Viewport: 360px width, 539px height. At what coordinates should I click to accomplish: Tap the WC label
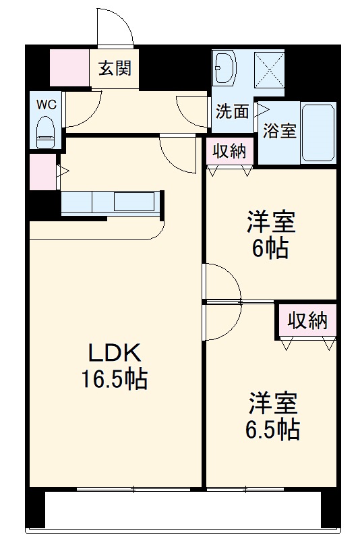pos(46,105)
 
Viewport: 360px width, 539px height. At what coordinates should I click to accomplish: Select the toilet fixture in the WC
pos(46,131)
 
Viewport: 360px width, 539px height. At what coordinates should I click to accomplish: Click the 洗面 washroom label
pos(232,111)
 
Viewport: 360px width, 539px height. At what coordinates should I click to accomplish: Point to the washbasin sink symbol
pos(225,68)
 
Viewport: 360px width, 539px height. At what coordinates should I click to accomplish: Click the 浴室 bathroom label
pos(280,131)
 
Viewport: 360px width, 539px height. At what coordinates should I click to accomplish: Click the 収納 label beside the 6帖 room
pos(229,150)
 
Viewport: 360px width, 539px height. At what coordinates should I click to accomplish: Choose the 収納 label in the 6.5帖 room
pos(307,320)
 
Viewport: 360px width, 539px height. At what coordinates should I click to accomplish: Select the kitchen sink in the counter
pos(133,201)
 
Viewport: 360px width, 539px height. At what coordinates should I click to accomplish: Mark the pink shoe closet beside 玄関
pos(69,68)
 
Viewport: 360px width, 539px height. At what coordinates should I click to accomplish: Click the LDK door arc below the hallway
pos(177,152)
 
